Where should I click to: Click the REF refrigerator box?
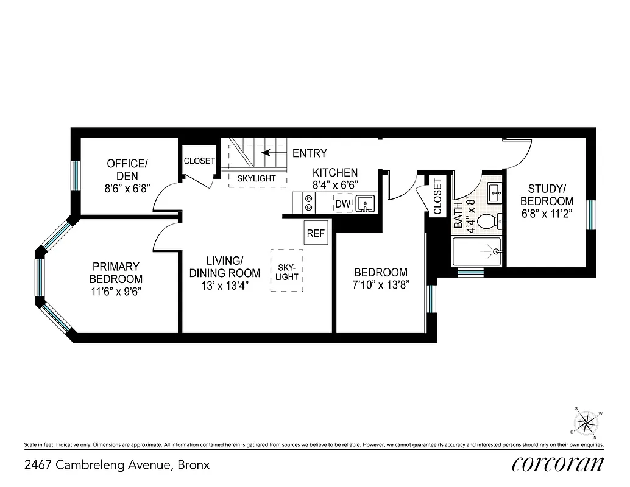coord(316,233)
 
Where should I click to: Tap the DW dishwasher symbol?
coord(342,203)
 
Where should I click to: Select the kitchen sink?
coord(365,203)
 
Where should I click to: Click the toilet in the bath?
coord(489,221)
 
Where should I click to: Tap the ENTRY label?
coord(310,153)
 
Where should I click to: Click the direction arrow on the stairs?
coord(267,153)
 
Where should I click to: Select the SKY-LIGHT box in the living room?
coord(286,270)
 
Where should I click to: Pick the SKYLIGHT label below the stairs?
coord(257,178)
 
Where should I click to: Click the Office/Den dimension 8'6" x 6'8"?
coord(127,188)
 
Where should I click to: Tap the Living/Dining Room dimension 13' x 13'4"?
coord(224,285)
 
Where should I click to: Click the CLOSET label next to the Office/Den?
coord(199,161)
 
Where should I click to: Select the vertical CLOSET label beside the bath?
coord(437,197)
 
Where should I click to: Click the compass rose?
coord(586,421)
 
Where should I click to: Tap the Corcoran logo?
coord(558,464)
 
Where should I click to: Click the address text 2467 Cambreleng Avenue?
coord(117,465)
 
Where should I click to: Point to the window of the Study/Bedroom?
coord(590,215)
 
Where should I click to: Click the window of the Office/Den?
coord(76,175)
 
